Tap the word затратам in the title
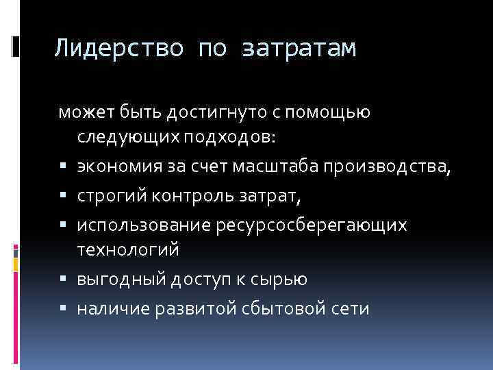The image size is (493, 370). [x=299, y=49]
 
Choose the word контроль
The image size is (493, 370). [x=183, y=196]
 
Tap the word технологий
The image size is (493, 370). [x=127, y=250]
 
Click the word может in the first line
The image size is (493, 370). [x=79, y=112]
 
